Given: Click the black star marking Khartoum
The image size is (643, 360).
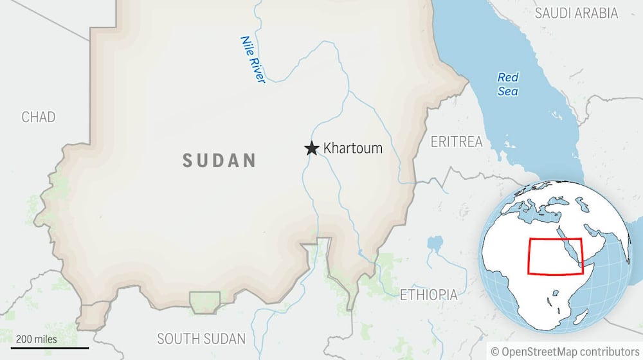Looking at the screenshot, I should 312,148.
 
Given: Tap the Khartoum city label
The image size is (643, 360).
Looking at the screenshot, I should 352,148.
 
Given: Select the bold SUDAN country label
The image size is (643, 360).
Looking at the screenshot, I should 219,160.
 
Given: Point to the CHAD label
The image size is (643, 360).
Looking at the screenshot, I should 39,117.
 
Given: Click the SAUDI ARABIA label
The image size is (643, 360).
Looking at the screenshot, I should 576,13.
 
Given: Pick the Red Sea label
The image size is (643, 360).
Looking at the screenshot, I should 508,84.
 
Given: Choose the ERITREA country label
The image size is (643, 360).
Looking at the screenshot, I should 457,142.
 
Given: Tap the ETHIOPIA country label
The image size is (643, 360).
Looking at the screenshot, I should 429,295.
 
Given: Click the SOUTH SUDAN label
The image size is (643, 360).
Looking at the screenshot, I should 201,339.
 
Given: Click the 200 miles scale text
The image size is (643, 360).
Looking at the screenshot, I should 37,339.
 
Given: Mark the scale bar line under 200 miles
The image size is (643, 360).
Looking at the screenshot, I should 50,348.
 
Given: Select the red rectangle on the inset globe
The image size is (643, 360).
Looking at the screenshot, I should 555,256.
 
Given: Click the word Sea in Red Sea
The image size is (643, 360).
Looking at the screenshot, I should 508,91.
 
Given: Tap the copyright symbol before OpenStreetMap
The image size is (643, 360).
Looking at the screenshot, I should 495,351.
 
